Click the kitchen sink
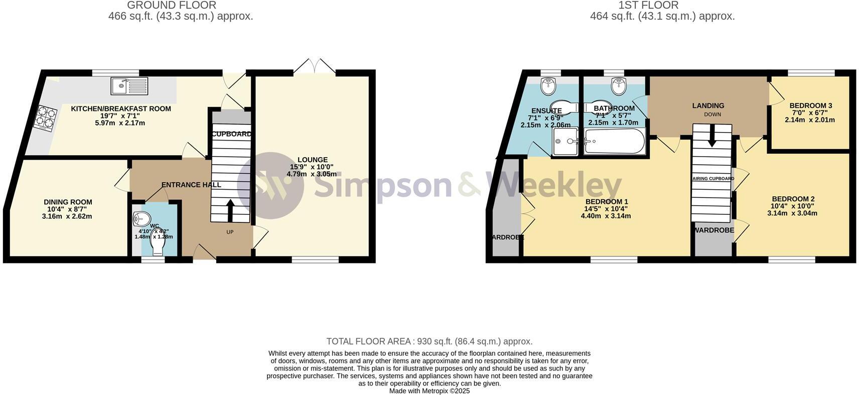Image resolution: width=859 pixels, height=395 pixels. [x=129, y=86]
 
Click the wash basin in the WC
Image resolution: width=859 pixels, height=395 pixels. [x=141, y=219]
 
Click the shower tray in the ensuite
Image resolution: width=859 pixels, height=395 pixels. [x=566, y=141]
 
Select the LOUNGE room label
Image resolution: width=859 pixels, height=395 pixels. [x=312, y=160]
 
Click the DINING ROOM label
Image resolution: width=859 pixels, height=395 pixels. [x=68, y=202]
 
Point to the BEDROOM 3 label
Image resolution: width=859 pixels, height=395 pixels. [x=810, y=105]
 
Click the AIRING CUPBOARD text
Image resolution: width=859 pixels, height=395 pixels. [x=713, y=178]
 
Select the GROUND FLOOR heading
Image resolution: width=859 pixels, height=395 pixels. [x=172, y=6]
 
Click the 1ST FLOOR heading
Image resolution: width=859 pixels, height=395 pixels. [x=648, y=6]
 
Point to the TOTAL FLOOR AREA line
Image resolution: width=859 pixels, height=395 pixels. [x=429, y=341]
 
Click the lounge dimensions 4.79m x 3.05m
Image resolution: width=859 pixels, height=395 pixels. [x=312, y=174]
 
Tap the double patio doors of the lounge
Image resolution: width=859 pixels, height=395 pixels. [x=315, y=67]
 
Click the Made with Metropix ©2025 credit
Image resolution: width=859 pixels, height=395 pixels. [x=429, y=390]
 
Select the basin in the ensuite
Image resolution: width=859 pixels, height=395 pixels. [x=548, y=86]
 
